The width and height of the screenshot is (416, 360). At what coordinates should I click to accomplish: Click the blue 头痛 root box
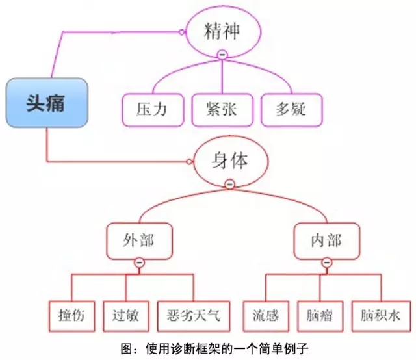click(46, 102)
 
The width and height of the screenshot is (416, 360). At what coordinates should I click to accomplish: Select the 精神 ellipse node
click(223, 31)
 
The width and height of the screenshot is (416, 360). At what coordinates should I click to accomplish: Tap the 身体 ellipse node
click(229, 161)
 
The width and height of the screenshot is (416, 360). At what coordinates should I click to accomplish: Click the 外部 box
click(139, 240)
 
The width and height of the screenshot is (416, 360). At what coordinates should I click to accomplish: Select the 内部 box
click(326, 240)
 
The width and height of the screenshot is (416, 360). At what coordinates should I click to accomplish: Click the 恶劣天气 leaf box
click(193, 316)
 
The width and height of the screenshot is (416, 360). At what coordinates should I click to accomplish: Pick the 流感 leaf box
click(266, 316)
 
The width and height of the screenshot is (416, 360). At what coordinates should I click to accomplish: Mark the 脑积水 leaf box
click(381, 316)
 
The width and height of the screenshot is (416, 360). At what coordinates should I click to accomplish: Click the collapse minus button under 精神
click(223, 55)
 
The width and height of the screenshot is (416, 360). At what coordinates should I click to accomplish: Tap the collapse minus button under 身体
click(229, 185)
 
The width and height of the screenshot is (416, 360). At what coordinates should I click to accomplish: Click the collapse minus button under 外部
click(139, 263)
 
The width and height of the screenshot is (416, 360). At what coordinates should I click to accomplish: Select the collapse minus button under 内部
click(326, 263)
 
